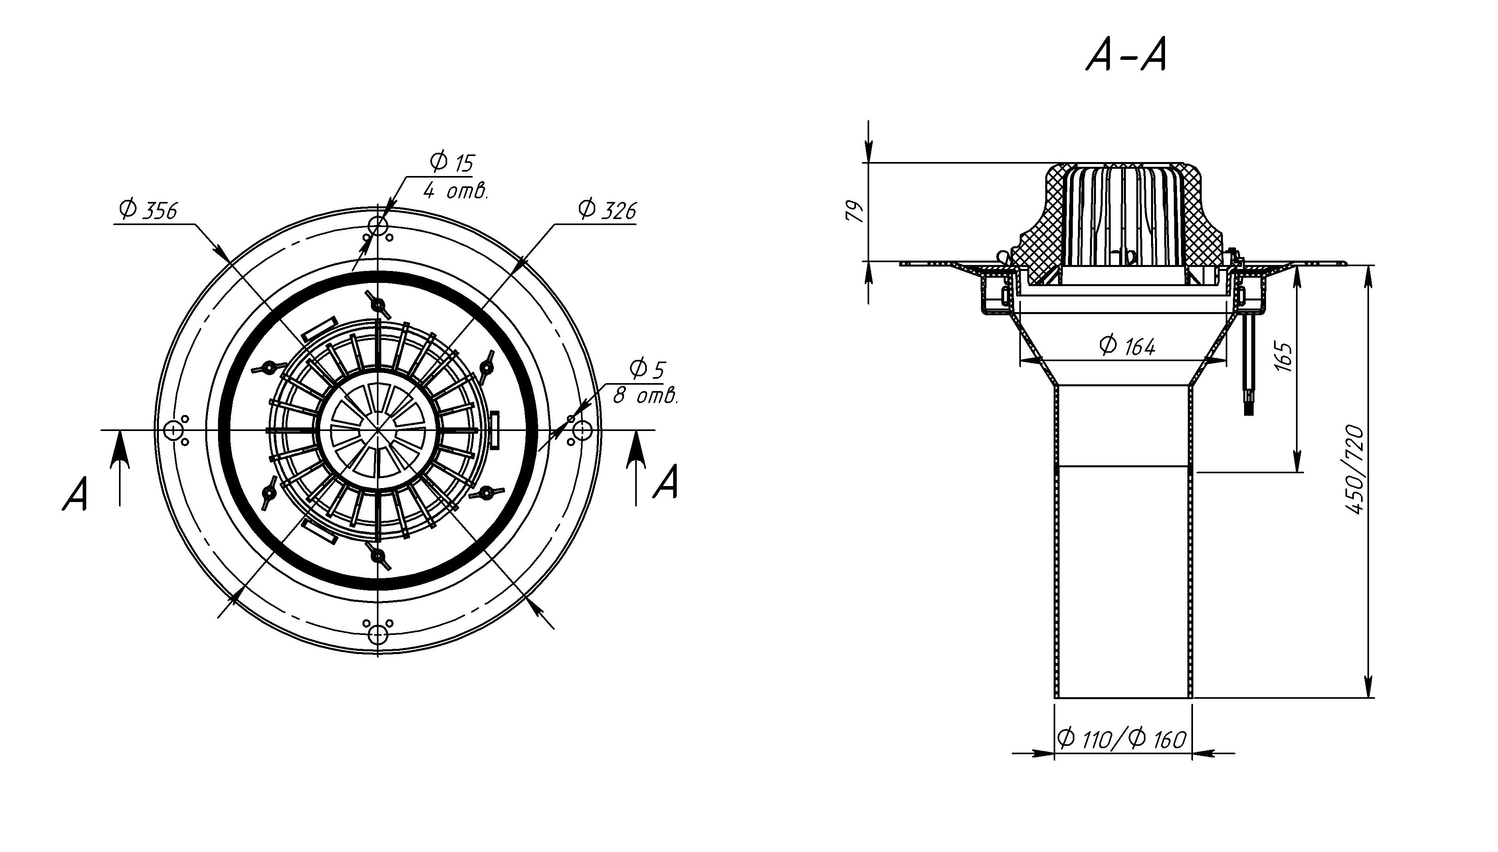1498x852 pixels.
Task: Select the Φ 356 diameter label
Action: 147,210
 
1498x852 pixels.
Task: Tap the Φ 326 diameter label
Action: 606,210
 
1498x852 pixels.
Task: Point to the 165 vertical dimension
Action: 1282,356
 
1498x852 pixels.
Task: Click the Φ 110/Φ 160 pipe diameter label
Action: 1122,739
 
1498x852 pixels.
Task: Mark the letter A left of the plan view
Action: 75,494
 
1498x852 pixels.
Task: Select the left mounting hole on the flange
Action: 173,431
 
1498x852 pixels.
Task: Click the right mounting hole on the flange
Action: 582,431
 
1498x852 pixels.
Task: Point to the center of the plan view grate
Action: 378,430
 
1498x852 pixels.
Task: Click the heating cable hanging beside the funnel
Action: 1246,369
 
